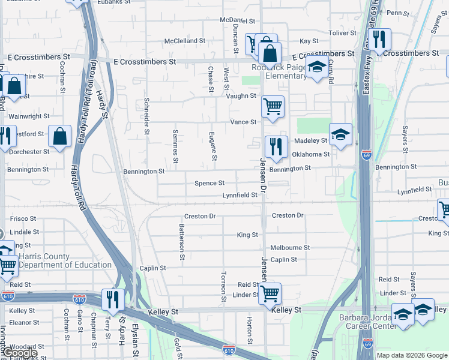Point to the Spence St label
coord(209,183)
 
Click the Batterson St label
coord(181,242)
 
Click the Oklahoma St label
coord(311,154)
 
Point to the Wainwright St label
coord(29,116)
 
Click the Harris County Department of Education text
coord(65,260)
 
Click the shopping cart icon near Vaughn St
coord(273,107)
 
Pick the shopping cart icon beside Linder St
coord(269,293)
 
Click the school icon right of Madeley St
coord(340,134)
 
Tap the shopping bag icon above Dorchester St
coord(60,136)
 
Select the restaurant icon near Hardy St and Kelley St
coord(113,299)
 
